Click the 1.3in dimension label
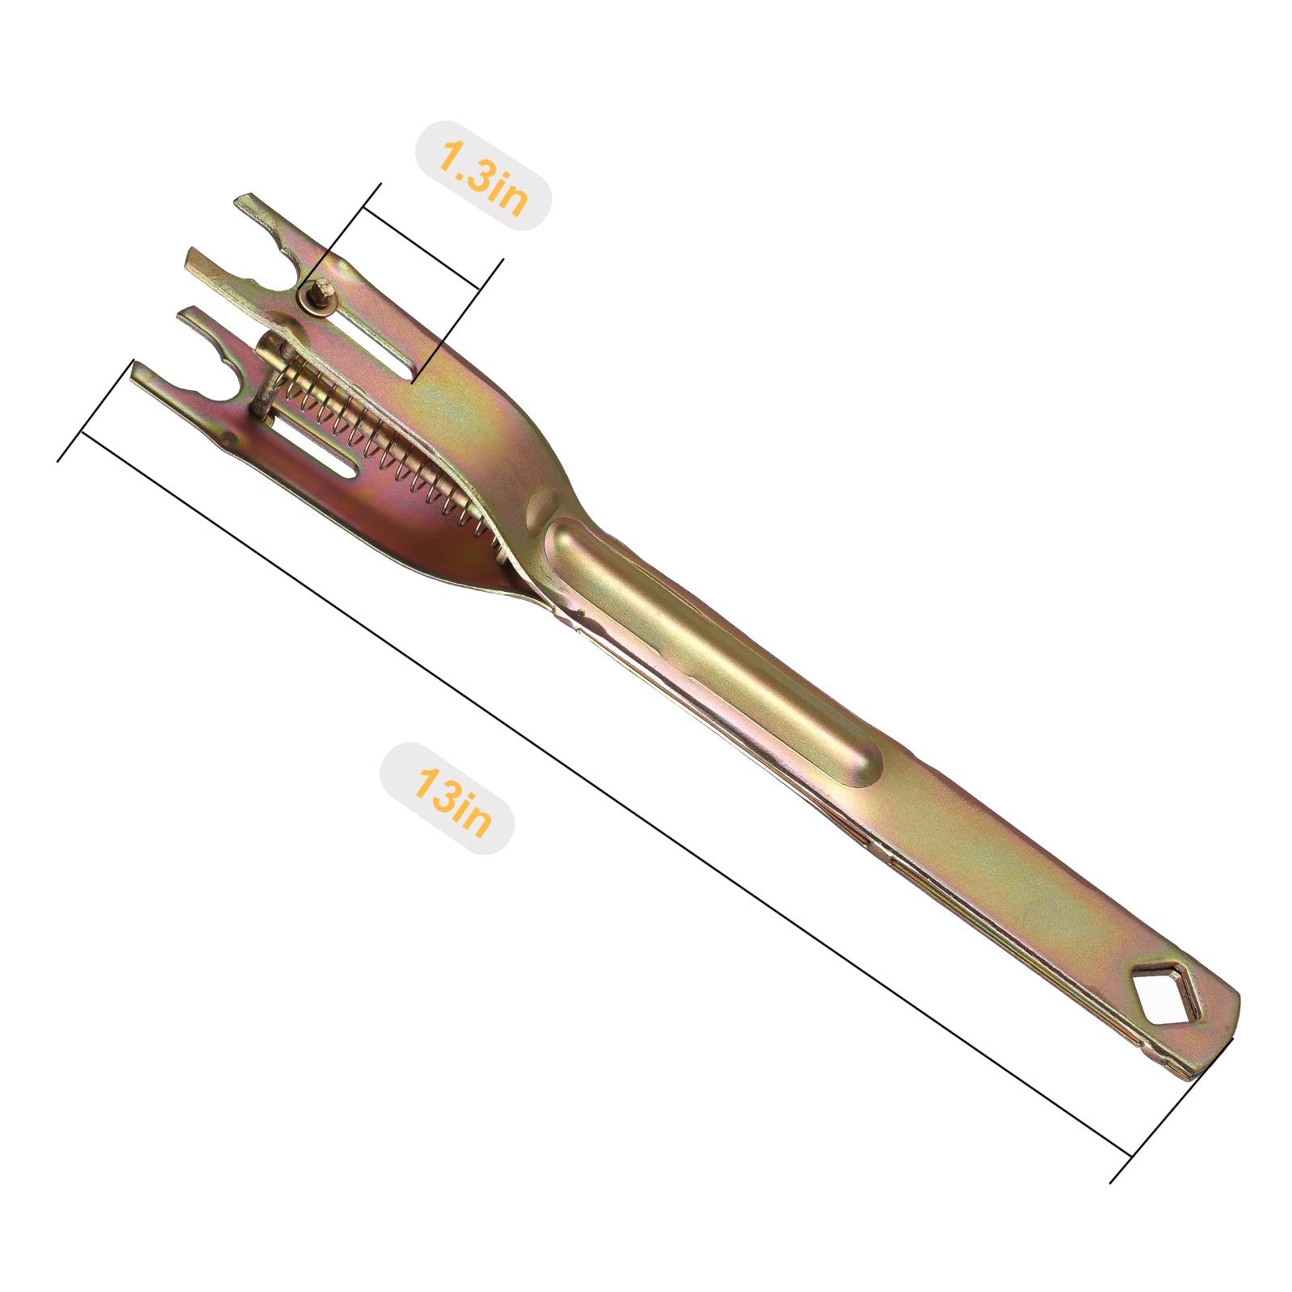pyautogui.click(x=482, y=176)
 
